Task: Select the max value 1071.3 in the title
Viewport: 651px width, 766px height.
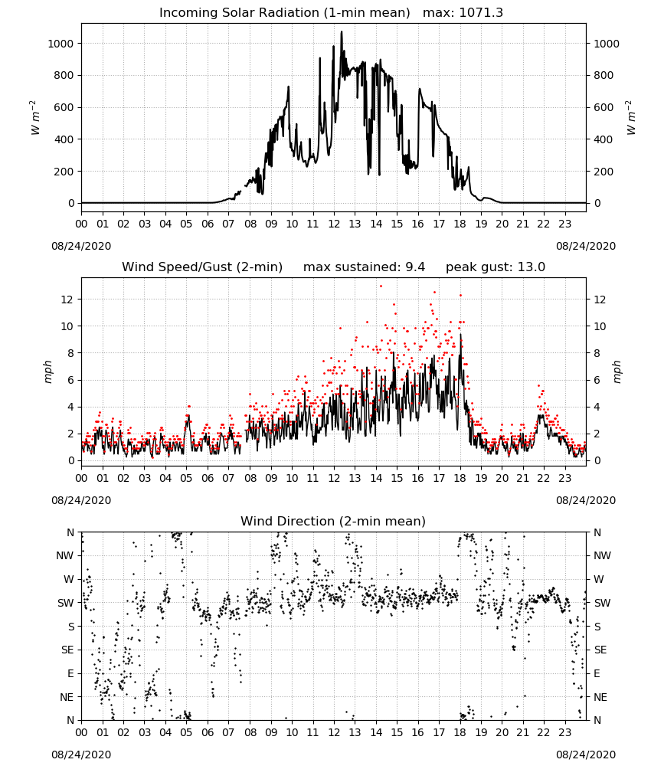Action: (x=481, y=13)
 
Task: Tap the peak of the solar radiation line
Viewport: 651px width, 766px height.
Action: (x=342, y=31)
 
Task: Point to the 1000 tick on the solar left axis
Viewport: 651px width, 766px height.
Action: (x=61, y=44)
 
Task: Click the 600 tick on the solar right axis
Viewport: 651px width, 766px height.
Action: (x=604, y=107)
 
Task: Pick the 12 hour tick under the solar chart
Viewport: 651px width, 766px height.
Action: (x=334, y=224)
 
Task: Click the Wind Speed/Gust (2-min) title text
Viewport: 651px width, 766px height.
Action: (x=202, y=267)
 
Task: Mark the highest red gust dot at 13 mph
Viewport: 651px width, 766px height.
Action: (x=381, y=286)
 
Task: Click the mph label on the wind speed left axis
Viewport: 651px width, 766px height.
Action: (x=47, y=372)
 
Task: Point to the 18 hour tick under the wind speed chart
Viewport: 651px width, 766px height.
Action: (x=460, y=478)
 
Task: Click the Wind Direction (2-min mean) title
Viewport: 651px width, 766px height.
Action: (x=333, y=522)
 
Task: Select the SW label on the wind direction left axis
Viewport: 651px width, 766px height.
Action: (x=66, y=603)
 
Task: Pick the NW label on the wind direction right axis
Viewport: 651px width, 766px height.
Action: (x=602, y=555)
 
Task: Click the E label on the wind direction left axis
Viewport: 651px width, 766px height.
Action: (x=70, y=673)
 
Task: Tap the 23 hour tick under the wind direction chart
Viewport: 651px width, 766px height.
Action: (x=565, y=732)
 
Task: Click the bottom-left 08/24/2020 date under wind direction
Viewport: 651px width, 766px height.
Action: (x=81, y=755)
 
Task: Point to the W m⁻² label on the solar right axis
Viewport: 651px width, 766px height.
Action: (x=630, y=118)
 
